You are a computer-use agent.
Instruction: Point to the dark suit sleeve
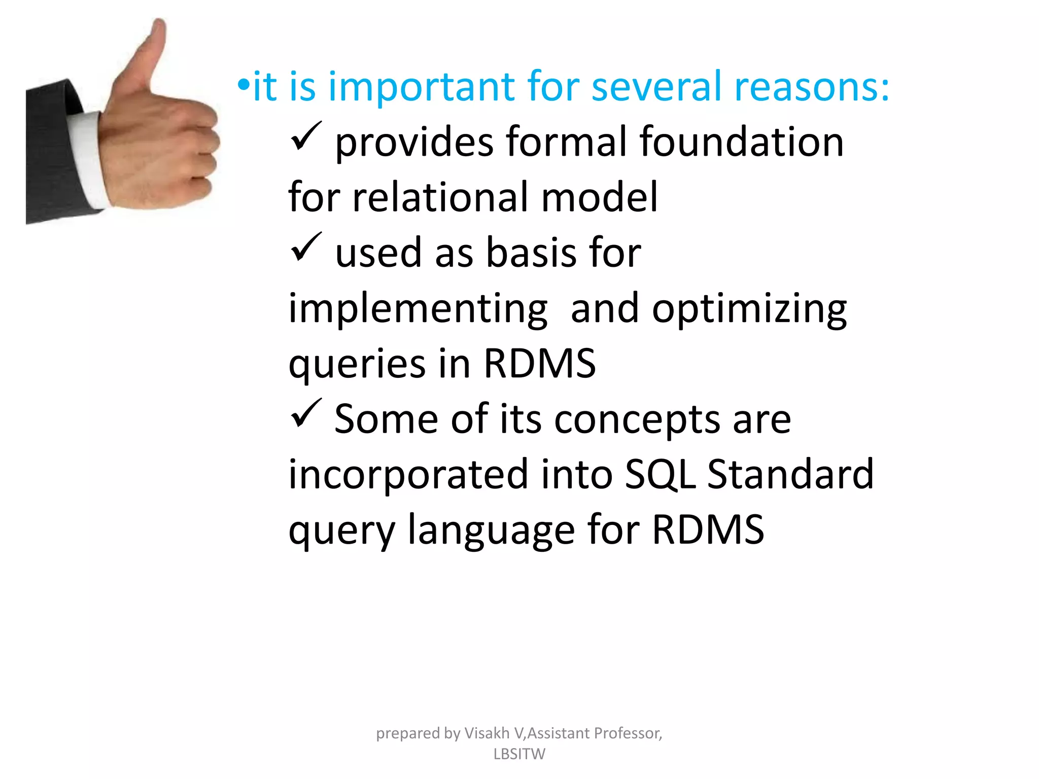point(51,152)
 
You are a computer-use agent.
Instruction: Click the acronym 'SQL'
point(660,475)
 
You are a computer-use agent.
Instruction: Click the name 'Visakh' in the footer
point(487,733)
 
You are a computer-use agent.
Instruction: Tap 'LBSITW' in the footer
point(519,754)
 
